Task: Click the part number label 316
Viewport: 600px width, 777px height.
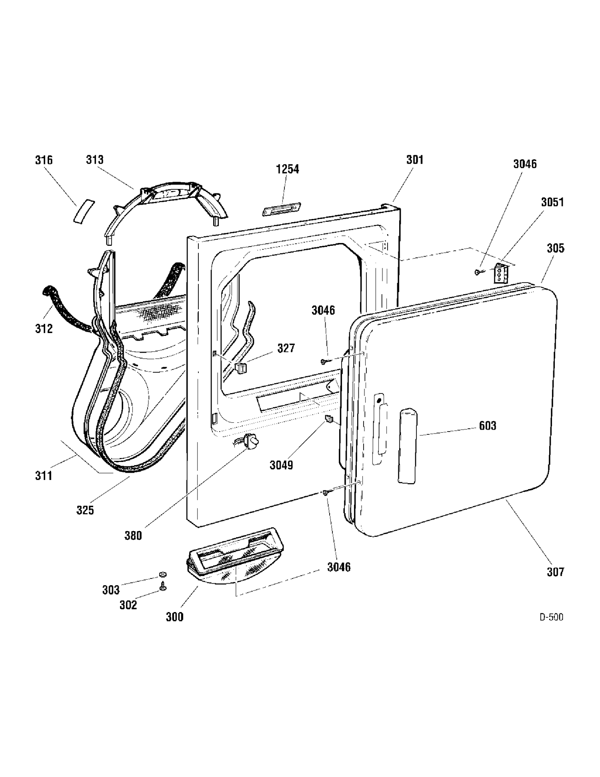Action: [x=44, y=160]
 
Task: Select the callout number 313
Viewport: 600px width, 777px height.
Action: [x=95, y=160]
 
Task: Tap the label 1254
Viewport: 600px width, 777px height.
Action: [x=288, y=169]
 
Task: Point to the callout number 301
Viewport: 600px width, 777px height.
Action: [x=415, y=160]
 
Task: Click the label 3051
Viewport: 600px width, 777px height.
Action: [x=552, y=202]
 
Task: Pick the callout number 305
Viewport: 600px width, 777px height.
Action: [x=556, y=248]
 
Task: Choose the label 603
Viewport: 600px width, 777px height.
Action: [x=488, y=426]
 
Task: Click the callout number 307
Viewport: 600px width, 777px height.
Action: [x=556, y=572]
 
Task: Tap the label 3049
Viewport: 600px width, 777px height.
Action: [x=281, y=465]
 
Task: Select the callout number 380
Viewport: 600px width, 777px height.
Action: [x=133, y=536]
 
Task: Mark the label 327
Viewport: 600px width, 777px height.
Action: [x=286, y=348]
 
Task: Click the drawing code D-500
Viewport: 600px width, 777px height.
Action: [x=551, y=617]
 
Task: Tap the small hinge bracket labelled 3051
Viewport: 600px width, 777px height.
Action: [x=501, y=273]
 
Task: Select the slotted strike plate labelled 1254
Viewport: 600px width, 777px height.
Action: [x=282, y=209]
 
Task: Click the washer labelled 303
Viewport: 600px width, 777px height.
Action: [x=162, y=575]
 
